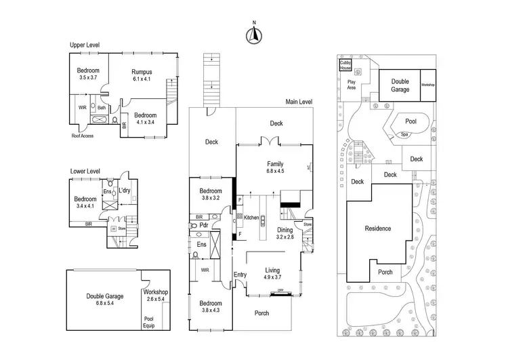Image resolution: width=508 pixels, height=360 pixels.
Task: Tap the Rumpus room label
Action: coord(142,72)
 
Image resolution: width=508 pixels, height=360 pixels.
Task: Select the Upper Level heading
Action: coord(85,45)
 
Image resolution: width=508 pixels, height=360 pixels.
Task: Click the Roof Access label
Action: coord(82,136)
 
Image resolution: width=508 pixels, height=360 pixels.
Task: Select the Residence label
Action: coord(377,228)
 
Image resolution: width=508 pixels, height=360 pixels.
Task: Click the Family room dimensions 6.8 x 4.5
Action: coord(275,172)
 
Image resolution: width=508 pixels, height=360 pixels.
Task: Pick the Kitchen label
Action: coord(252,218)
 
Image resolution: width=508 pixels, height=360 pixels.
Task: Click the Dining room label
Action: coord(284,229)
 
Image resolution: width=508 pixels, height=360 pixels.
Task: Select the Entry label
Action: coord(240,274)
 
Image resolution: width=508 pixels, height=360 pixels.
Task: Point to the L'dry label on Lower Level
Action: coord(125,191)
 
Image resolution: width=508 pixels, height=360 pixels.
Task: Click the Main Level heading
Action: coord(299,102)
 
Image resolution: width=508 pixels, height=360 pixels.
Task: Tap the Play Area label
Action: coord(347,84)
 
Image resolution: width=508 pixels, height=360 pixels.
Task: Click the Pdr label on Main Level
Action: coord(203,225)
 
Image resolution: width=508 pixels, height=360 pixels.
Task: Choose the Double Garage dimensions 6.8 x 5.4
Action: coord(105,304)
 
